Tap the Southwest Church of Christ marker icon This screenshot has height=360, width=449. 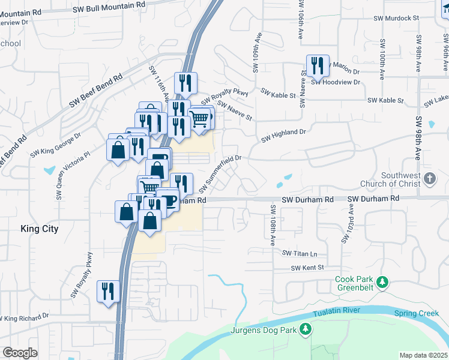coord(429,178)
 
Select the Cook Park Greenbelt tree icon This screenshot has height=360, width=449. coord(381,281)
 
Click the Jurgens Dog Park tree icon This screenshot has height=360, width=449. coord(306,329)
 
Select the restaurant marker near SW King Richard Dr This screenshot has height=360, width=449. coord(108,292)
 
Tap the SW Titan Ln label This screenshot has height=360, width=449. coord(300,254)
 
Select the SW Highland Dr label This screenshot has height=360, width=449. coord(283,135)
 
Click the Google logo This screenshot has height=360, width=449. coord(20,353)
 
